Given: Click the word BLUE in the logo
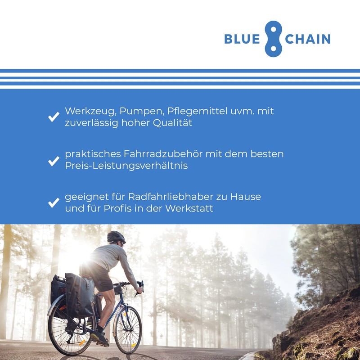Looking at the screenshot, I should coord(242,39).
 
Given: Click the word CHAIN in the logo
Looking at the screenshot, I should coord(308,39).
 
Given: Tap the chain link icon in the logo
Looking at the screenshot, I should coord(273,39).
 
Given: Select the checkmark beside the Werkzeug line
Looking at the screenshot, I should coord(54,117).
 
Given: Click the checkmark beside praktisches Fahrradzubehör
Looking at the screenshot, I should coord(54,160).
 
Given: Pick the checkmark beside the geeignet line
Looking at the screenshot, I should coord(54,202).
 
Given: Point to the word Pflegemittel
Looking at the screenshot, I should coord(197,111).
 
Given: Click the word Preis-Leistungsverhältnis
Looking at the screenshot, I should coord(126,166).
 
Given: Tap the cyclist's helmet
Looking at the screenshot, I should coord(116,237).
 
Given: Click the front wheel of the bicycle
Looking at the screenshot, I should coord(128,330).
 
